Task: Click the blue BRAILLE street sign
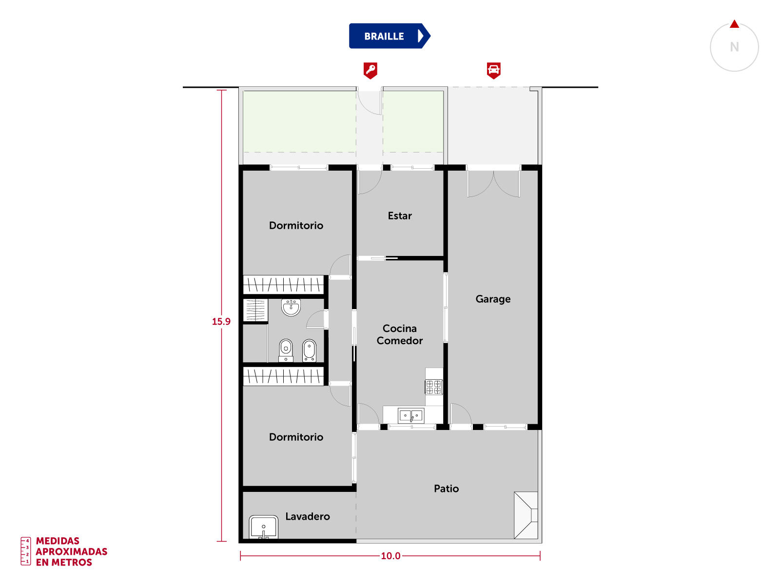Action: pyautogui.click(x=389, y=36)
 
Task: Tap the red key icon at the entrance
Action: pyautogui.click(x=370, y=70)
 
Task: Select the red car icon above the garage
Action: pyautogui.click(x=493, y=70)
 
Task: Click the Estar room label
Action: pyautogui.click(x=399, y=215)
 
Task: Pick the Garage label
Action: pyautogui.click(x=492, y=299)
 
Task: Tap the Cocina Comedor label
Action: pyautogui.click(x=399, y=334)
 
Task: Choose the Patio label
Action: pyautogui.click(x=446, y=488)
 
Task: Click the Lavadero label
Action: pyautogui.click(x=308, y=516)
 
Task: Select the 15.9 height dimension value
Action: pyautogui.click(x=221, y=321)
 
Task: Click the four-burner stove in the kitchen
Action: pyautogui.click(x=433, y=387)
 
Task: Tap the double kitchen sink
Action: pyautogui.click(x=411, y=415)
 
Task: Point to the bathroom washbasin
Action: pyautogui.click(x=291, y=307)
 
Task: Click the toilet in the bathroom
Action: pyautogui.click(x=285, y=350)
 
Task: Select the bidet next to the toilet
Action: pyautogui.click(x=309, y=350)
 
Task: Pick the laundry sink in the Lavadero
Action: pyautogui.click(x=263, y=527)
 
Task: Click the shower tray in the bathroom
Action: pyautogui.click(x=255, y=310)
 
